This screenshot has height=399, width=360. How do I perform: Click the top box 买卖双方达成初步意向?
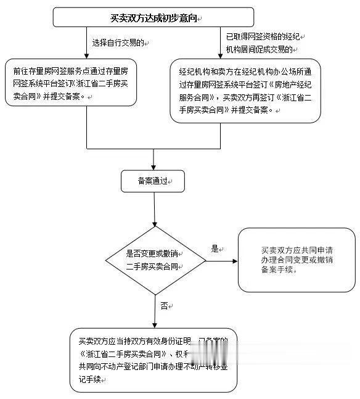pyautogui.click(x=153, y=18)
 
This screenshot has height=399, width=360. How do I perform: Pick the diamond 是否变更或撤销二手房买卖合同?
pyautogui.click(x=155, y=260)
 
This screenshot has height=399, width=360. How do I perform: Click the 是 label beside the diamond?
pyautogui.click(x=215, y=249)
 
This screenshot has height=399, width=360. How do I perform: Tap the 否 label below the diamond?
pyautogui.click(x=164, y=305)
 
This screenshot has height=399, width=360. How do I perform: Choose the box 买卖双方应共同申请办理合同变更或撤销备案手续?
pyautogui.click(x=297, y=260)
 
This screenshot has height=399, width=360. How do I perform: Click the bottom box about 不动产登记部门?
pyautogui.click(x=153, y=360)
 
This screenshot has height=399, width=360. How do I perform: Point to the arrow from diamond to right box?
pyautogui.click(x=221, y=261)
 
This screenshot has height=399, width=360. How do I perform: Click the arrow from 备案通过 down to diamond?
pyautogui.click(x=154, y=210)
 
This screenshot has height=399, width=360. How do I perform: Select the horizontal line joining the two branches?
pyautogui.click(x=154, y=149)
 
